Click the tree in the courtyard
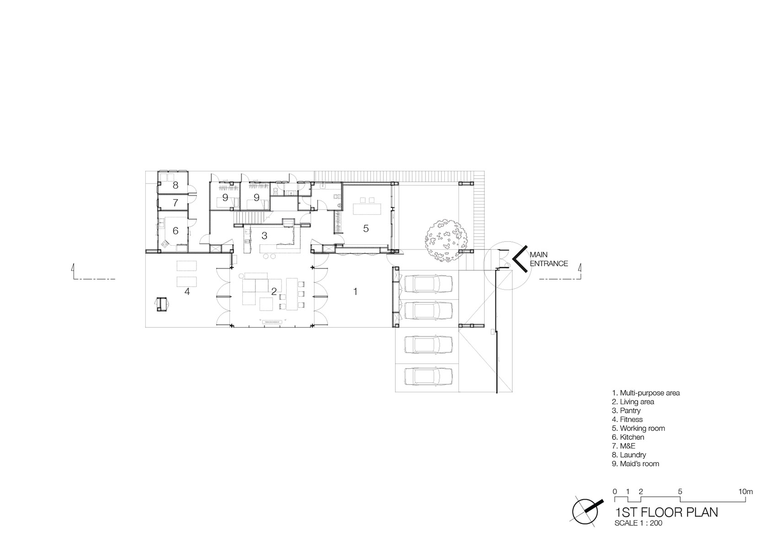click(x=446, y=238)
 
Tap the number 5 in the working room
click(x=366, y=228)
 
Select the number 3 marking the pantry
click(x=264, y=236)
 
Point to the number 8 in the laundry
click(x=176, y=185)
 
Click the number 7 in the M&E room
click(x=175, y=202)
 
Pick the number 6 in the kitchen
click(x=176, y=231)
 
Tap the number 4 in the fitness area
click(x=187, y=291)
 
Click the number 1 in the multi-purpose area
click(x=355, y=291)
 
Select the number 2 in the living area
click(x=274, y=291)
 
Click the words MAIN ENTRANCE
click(x=549, y=259)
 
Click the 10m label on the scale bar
click(x=745, y=491)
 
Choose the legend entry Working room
click(x=639, y=428)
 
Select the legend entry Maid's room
click(x=635, y=464)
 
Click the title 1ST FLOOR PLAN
click(x=666, y=512)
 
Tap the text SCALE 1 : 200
click(x=638, y=523)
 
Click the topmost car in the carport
click(x=428, y=284)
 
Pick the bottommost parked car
click(x=428, y=376)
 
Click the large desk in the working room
click(x=367, y=209)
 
